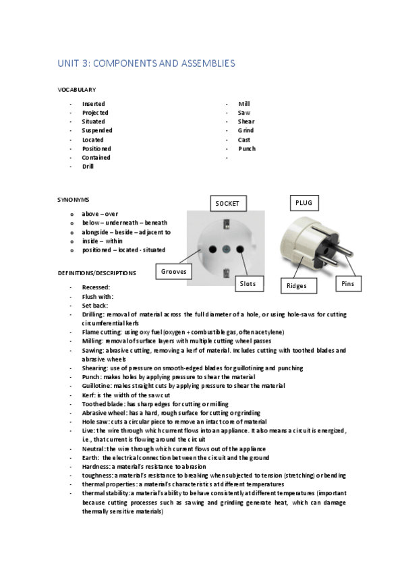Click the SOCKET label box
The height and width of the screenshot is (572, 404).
[x=227, y=203]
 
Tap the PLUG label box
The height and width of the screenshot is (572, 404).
[x=303, y=202]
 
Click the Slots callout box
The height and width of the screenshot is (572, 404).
[x=248, y=285]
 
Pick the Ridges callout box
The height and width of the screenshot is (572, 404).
[x=297, y=285]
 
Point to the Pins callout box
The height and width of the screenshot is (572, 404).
[x=348, y=285]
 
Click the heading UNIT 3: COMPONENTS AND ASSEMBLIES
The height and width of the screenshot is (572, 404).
[x=146, y=63]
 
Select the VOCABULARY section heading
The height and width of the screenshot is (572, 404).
[x=76, y=90]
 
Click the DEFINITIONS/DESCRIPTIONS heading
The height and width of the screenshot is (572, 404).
[x=96, y=273]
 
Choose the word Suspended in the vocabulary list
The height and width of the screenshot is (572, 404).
[x=97, y=130]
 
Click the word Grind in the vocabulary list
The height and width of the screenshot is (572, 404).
[x=246, y=130]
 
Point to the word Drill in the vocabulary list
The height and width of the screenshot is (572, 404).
[x=88, y=166]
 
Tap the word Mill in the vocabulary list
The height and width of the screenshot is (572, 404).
[x=244, y=104]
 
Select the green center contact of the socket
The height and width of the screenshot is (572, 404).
[x=226, y=248]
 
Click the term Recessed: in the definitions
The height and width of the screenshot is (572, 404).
[x=96, y=287]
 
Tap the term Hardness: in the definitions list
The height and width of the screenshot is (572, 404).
[x=96, y=467]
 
